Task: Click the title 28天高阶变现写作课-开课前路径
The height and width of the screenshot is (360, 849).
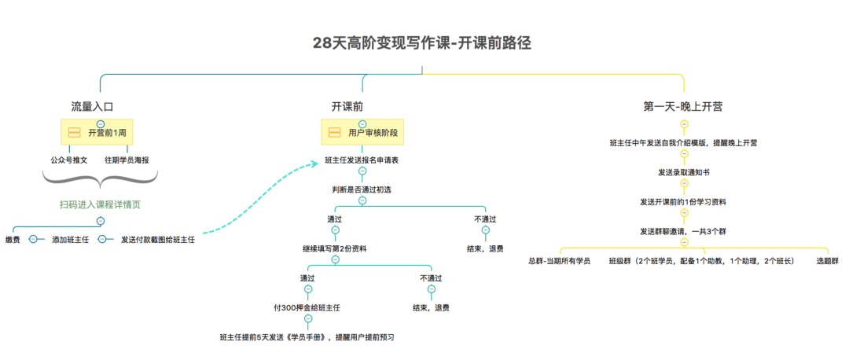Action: [x=422, y=43]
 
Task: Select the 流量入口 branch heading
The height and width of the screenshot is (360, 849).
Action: [x=93, y=106]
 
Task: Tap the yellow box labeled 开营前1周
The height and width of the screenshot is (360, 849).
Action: [x=100, y=132]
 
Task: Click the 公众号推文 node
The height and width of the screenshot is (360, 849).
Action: [x=68, y=160]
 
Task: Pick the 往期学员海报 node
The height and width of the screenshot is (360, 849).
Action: [x=127, y=160]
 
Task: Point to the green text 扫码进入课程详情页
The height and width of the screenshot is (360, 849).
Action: [x=100, y=204]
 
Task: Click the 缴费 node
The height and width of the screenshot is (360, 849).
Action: [x=12, y=239]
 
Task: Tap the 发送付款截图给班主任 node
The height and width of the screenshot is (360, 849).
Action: [x=157, y=239]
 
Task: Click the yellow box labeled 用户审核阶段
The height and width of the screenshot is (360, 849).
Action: [x=362, y=132]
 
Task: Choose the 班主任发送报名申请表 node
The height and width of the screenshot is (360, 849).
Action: [x=362, y=160]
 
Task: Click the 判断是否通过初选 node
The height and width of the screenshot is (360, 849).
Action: [x=362, y=189]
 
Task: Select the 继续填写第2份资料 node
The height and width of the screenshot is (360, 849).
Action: [x=334, y=248]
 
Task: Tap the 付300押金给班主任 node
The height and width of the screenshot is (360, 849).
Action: [x=307, y=307]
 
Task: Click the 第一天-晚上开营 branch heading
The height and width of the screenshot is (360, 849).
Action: [x=683, y=106]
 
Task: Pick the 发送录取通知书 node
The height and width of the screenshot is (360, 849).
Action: [x=683, y=172]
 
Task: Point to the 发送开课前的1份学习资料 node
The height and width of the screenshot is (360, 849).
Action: [x=683, y=201]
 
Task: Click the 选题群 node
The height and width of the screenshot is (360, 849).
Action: [x=827, y=260]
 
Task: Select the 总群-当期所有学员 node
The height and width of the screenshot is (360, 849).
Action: [x=559, y=260]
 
